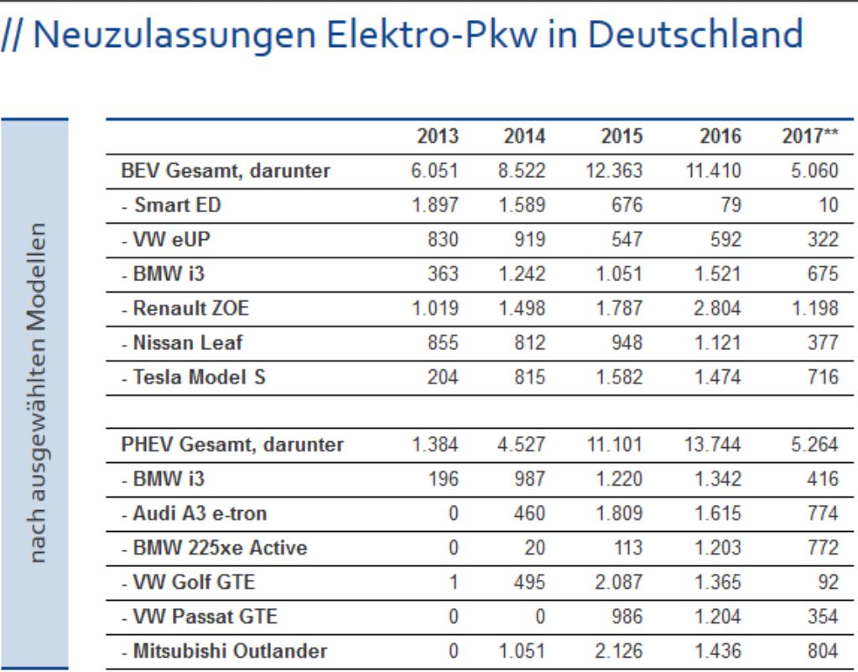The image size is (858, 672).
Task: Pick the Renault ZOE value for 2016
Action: [x=719, y=309]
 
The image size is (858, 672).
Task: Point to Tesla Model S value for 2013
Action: [x=443, y=378]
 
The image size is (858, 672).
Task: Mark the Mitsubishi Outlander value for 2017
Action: [x=822, y=650]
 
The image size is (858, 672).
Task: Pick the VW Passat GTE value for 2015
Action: [x=627, y=616]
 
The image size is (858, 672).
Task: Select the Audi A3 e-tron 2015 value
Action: [x=620, y=513]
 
